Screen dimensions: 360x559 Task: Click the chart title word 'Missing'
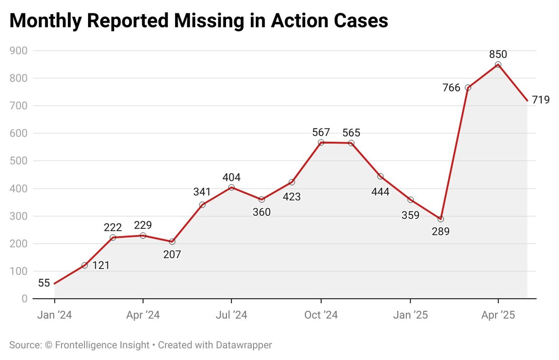[x=209, y=21]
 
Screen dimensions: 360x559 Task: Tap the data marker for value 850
[x=498, y=65]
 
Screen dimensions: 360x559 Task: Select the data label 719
[x=541, y=100]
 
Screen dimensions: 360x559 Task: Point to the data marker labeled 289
[x=441, y=219]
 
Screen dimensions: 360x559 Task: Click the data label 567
[x=321, y=132]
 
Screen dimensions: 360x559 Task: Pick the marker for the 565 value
[x=351, y=143]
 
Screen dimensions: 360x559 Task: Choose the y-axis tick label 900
[x=18, y=51]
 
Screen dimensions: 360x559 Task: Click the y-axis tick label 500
[x=18, y=161]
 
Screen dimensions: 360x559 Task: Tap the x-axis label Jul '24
[x=231, y=315]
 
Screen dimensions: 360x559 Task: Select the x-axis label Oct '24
[x=321, y=315]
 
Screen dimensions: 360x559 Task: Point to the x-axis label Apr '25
[x=498, y=315]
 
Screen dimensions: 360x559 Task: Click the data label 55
[x=44, y=283]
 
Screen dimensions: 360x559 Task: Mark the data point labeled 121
[x=85, y=265]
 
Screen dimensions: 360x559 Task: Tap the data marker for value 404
[x=231, y=188]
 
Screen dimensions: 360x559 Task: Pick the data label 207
[x=172, y=255]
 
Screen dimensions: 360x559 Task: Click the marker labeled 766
[x=468, y=88]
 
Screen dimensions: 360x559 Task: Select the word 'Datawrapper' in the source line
[x=244, y=345]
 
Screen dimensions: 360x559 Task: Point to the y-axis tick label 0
[x=25, y=299]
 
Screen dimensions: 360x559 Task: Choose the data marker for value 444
[x=380, y=176]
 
